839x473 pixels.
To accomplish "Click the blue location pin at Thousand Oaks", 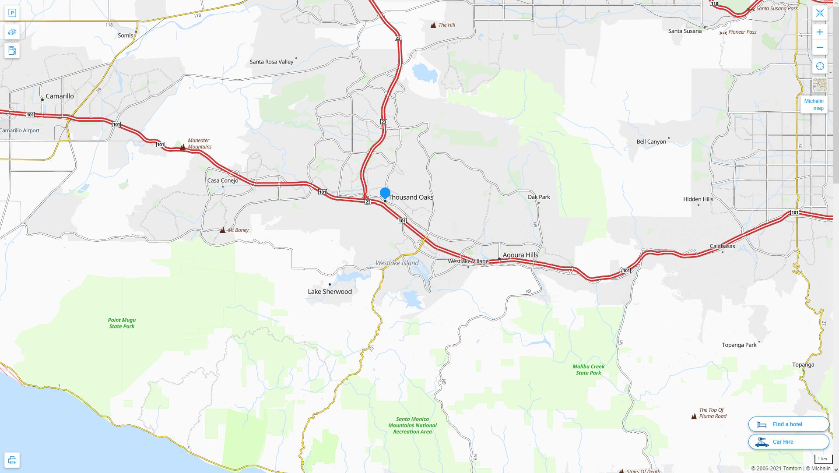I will coord(385,193).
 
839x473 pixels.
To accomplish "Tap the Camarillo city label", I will coord(60,96).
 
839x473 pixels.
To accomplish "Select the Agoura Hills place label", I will coord(520,255).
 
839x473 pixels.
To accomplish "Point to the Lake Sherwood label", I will coord(330,292).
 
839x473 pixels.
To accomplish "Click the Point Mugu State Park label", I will coord(122,323).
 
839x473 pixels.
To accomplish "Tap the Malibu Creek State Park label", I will coord(588,370).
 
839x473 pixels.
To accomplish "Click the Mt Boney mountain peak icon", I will coord(223,230).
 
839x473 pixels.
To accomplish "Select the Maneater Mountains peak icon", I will coord(183,147).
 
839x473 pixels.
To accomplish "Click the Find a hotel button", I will coord(788,424).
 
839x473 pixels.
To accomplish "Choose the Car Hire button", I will coord(788,442).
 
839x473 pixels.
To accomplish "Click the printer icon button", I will coord(12,460).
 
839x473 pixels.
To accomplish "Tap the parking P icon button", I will coord(12,13).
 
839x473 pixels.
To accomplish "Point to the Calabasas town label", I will coord(722,246).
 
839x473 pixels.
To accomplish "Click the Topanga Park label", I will coord(739,345).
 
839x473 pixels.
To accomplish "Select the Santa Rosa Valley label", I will coord(271,62).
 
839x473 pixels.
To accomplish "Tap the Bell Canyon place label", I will coord(651,142).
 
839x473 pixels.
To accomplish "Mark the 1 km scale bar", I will coord(823,459).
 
